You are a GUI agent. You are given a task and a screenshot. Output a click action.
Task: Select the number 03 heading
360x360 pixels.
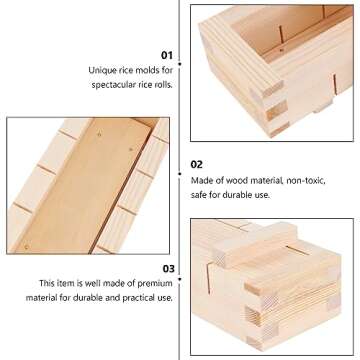point(166,268)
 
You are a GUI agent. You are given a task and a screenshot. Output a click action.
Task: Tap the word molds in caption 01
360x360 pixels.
point(140,72)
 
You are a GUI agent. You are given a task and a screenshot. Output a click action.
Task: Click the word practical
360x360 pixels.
point(139,298)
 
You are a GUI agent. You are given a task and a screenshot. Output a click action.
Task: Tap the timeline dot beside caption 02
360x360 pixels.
point(180,164)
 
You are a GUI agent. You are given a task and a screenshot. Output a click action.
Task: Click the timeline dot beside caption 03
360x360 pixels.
point(180,268)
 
